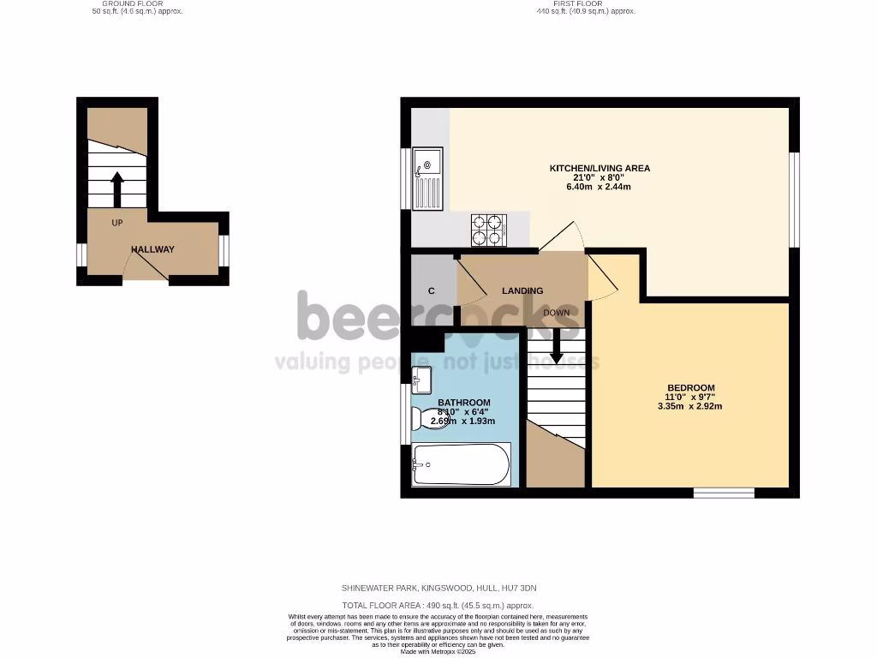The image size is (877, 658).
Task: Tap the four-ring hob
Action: [x=488, y=230]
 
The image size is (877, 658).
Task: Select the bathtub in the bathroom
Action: [x=461, y=464]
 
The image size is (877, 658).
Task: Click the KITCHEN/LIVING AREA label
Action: [x=600, y=168]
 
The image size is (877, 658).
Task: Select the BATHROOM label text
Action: [x=464, y=403]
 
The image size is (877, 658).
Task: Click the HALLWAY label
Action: [x=152, y=249]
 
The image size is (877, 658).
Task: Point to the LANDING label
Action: [x=523, y=290]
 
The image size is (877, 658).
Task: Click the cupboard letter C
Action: [x=431, y=291]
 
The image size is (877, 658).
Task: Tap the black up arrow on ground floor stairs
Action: [x=116, y=188]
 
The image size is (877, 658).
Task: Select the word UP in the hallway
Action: [x=117, y=224]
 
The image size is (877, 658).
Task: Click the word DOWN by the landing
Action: [x=556, y=313]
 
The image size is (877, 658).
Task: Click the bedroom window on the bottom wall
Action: [x=724, y=493]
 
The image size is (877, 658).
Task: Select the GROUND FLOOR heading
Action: [x=138, y=4]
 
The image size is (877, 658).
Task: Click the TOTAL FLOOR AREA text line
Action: [x=438, y=605]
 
